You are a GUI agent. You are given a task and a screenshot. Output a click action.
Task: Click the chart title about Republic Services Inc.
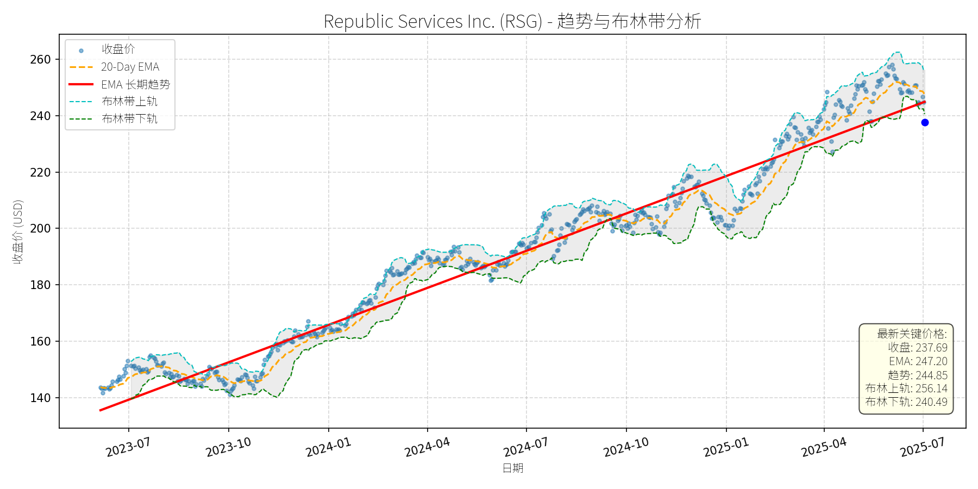pos(512,21)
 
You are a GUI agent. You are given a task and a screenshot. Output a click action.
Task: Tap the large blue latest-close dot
pos(925,123)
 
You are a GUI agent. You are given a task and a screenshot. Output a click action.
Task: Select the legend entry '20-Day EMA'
pos(130,67)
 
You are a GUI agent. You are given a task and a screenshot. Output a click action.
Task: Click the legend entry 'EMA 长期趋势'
pos(135,84)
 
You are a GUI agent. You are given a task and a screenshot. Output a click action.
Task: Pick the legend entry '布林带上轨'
pos(129,102)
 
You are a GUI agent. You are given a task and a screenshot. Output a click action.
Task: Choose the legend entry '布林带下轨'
pos(129,118)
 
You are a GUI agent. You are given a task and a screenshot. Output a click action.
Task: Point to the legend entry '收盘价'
pos(118,49)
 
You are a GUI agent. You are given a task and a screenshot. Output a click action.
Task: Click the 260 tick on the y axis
pos(40,59)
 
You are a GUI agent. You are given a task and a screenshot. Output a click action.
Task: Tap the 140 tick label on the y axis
pos(40,398)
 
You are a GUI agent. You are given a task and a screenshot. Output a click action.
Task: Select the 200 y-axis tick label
pos(40,229)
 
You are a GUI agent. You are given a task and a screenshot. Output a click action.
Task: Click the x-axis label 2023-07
pos(128,448)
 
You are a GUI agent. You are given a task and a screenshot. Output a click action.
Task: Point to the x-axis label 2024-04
pos(427,448)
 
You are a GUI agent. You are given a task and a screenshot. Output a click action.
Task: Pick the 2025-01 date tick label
pos(726,448)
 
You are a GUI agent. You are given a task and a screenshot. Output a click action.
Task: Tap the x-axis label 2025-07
pos(923,448)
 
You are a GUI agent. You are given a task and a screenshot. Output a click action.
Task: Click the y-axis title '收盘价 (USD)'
pos(18,232)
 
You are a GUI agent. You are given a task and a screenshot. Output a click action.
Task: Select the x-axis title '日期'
pos(512,468)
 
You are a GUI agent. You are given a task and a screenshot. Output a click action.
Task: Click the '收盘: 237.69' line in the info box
pos(918,348)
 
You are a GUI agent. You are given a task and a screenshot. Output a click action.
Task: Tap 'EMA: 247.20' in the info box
pos(918,361)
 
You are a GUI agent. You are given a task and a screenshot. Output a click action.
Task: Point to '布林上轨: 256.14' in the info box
pos(906,388)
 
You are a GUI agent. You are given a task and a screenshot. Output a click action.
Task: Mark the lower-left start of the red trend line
pos(100,410)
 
